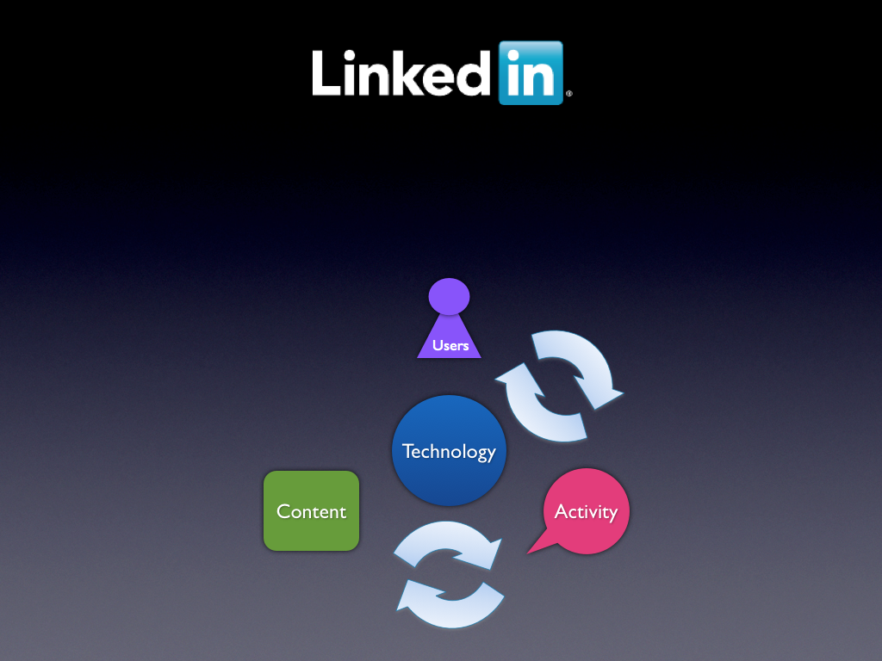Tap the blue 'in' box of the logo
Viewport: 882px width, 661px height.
pos(531,73)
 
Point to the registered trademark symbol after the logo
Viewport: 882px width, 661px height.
pos(568,94)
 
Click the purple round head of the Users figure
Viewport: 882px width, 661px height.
pos(449,296)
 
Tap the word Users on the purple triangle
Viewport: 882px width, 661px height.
pos(450,346)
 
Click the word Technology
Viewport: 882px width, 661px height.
pos(449,451)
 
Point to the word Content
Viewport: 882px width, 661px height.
pos(311,511)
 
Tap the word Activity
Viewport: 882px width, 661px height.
pos(586,511)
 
